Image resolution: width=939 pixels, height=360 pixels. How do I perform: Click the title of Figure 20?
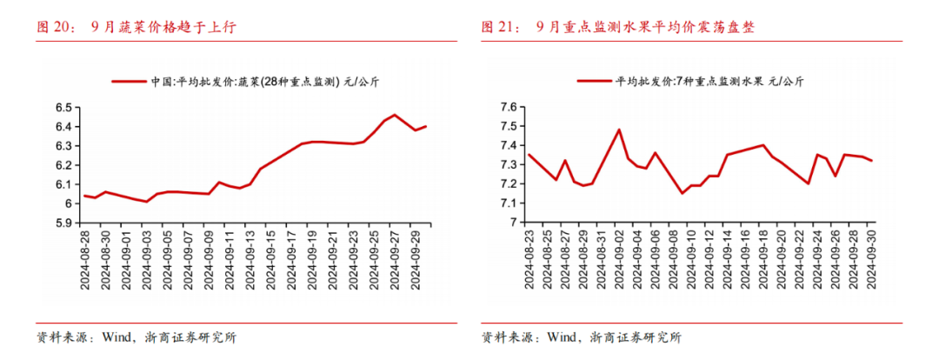tap(136, 27)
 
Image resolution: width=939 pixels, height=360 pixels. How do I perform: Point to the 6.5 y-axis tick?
tap(64, 108)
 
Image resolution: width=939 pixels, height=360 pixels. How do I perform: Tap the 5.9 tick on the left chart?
tap(64, 223)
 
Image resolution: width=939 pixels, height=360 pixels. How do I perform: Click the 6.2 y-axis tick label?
tap(64, 165)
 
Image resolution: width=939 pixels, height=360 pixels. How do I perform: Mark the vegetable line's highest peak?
tap(396, 115)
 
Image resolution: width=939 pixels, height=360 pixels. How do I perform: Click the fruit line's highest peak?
tap(619, 130)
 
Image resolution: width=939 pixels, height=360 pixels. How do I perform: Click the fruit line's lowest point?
tap(683, 193)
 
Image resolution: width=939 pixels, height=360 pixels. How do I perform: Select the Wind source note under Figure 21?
tap(582, 337)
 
